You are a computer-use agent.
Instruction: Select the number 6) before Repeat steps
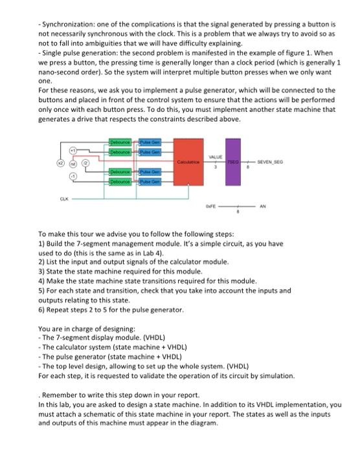42,310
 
